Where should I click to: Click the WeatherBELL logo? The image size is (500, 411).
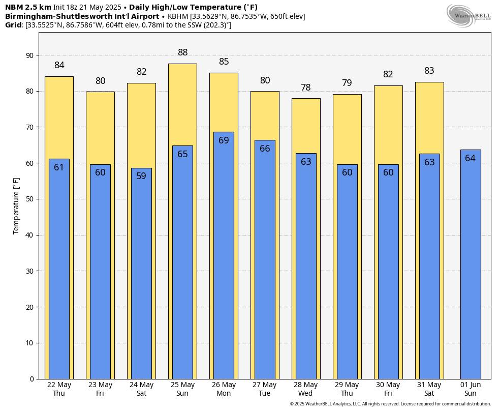click(469, 15)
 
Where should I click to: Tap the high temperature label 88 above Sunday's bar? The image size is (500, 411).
click(182, 52)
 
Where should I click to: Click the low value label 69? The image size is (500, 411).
click(224, 140)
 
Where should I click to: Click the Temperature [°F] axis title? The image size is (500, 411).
click(16, 205)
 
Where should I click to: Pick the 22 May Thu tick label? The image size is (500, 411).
click(59, 389)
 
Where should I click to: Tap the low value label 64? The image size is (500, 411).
click(470, 158)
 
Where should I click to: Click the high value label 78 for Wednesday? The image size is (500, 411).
click(305, 87)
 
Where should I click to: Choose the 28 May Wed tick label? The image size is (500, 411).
click(305, 389)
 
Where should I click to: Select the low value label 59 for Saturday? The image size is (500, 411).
click(141, 176)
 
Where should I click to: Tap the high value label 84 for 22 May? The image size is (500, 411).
click(59, 65)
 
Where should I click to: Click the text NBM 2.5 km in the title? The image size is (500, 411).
click(28, 7)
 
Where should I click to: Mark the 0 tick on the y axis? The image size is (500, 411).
click(32, 379)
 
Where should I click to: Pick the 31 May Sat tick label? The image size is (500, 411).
click(429, 389)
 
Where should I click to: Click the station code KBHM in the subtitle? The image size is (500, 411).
click(178, 16)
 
